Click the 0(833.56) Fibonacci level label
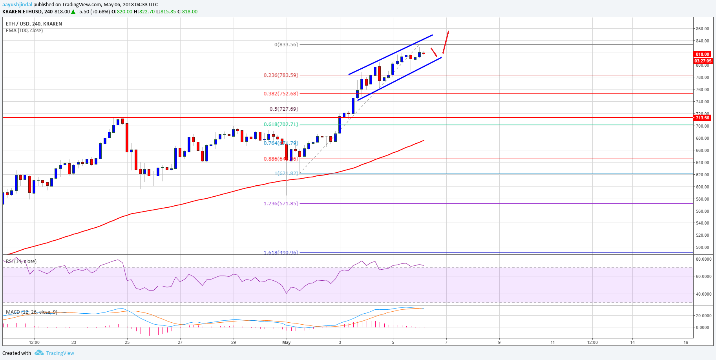(x=286, y=45)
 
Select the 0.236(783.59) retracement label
(x=281, y=75)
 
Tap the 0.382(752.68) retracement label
(x=281, y=94)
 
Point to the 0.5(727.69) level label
(x=284, y=109)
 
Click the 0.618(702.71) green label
(x=281, y=124)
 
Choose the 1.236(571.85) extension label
(x=281, y=204)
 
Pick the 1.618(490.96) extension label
(x=281, y=252)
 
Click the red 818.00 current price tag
(x=702, y=54)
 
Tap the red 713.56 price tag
(x=702, y=118)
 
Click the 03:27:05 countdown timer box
(x=703, y=61)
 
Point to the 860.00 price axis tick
(x=702, y=29)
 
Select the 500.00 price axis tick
(x=702, y=247)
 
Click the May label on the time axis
(x=287, y=342)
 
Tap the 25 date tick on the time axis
(x=127, y=342)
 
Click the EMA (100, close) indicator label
(x=24, y=31)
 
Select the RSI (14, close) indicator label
(x=21, y=261)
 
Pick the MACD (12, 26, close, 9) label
(x=31, y=312)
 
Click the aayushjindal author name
(x=17, y=5)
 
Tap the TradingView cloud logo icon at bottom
(x=39, y=353)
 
